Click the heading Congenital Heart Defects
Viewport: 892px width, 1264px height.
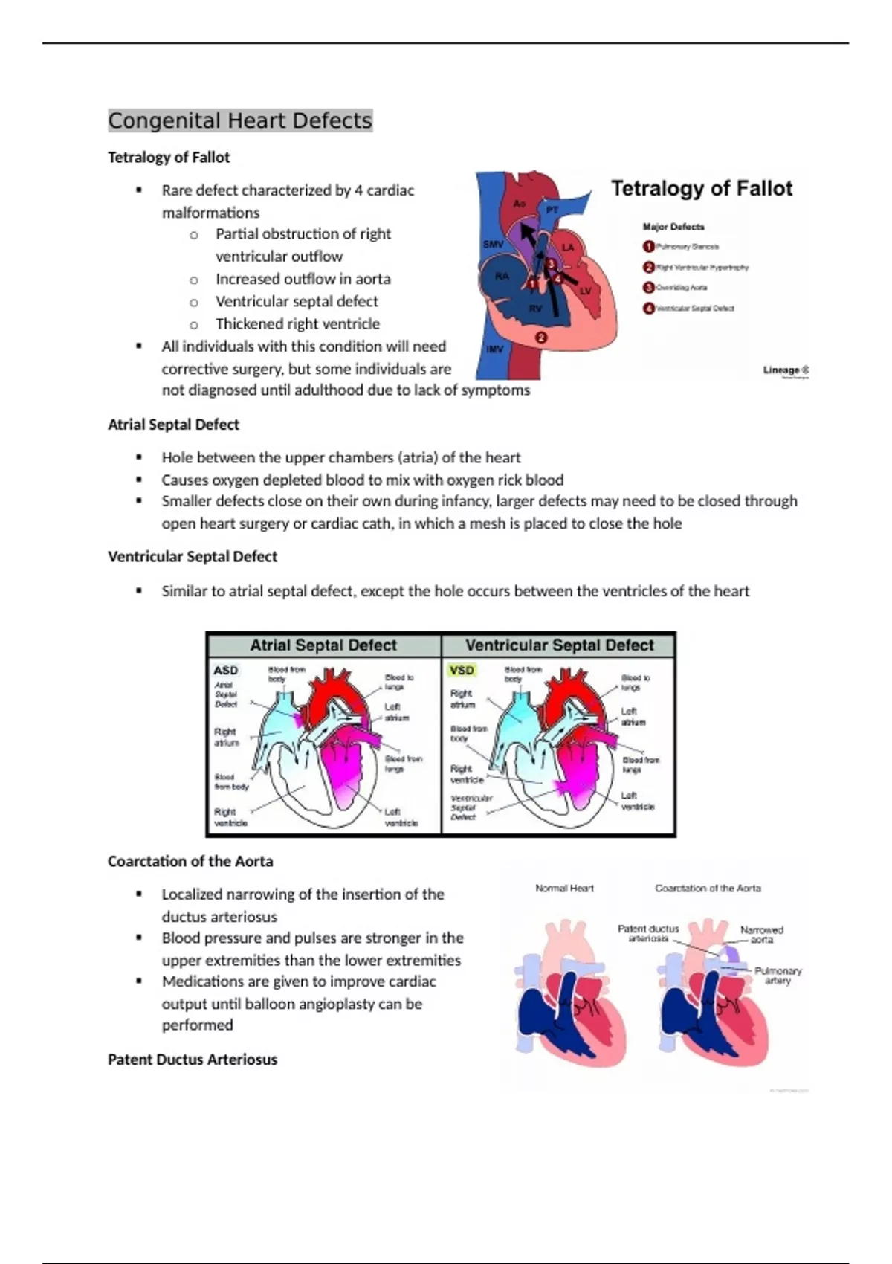click(x=239, y=120)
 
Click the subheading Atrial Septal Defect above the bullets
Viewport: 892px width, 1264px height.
click(x=173, y=425)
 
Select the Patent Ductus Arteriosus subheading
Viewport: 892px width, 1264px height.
click(x=192, y=1060)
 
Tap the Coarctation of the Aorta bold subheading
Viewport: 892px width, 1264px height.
click(x=190, y=861)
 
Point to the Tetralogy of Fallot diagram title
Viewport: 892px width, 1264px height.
click(x=701, y=189)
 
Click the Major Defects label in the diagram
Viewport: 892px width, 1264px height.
click(x=673, y=227)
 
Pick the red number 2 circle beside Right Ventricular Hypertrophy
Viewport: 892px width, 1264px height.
click(x=648, y=267)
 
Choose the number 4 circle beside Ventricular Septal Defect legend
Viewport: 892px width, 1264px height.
click(x=648, y=308)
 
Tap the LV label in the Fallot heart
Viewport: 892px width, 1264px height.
click(x=585, y=291)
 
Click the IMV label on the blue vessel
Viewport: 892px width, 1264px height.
click(x=494, y=349)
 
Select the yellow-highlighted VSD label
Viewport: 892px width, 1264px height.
click(x=462, y=671)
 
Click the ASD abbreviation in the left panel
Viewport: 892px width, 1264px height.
click(x=225, y=671)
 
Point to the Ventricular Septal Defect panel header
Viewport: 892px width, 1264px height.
click(x=559, y=645)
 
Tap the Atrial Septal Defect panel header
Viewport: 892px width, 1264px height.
click(x=323, y=645)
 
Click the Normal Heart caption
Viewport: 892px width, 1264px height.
click(x=564, y=889)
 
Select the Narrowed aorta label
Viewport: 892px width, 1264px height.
click(x=761, y=935)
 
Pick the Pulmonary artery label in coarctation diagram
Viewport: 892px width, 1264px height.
click(x=778, y=976)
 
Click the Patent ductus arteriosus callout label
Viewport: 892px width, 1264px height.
click(x=648, y=934)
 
